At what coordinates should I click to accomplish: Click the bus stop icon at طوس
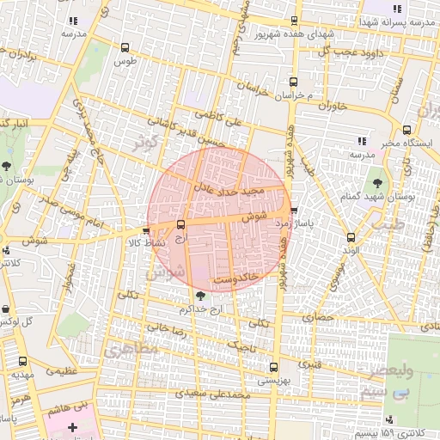pos(126,49)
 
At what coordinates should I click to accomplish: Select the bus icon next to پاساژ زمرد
pos(295,211)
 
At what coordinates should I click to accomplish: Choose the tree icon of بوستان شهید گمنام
pos(376,183)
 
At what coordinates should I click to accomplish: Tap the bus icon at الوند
pos(350,238)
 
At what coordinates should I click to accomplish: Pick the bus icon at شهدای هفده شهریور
pos(295,21)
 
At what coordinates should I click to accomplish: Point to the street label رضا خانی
pos(168,329)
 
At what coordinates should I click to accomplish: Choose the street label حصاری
pos(316,318)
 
